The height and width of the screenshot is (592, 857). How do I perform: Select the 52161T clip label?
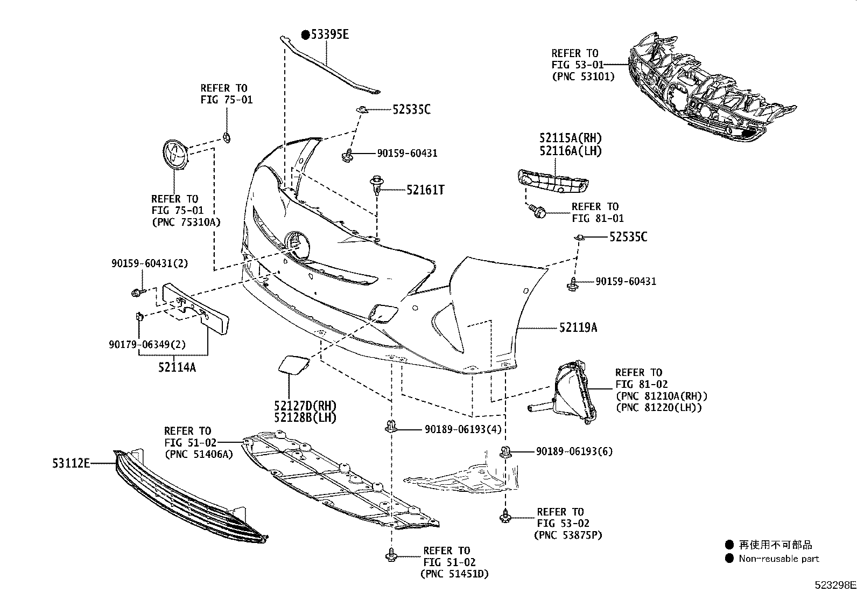425,190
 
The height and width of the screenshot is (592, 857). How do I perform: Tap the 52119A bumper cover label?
578,327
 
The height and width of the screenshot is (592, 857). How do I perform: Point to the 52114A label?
177,367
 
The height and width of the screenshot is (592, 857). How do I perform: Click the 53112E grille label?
71,462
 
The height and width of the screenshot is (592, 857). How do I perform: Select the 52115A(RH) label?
570,138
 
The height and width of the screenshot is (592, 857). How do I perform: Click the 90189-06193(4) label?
463,429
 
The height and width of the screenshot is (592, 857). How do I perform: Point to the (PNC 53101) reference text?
583,76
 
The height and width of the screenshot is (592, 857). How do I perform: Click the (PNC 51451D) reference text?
454,574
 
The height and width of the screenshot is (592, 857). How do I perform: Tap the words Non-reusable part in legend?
779,559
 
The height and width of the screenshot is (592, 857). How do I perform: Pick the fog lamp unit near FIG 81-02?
573,393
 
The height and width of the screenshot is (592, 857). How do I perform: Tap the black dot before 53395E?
305,35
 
